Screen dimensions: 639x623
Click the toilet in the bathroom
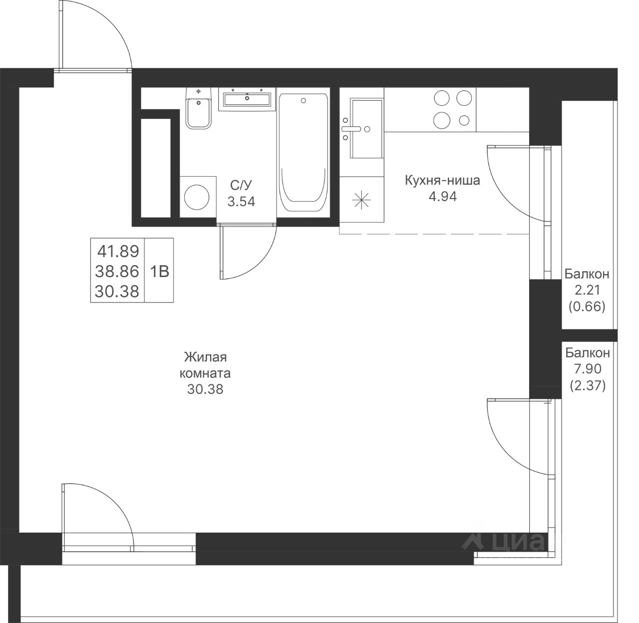coord(198,108)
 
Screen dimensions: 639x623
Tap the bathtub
coord(303,153)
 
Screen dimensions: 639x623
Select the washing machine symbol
coord(197,197)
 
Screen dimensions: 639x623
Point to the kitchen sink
coord(366,128)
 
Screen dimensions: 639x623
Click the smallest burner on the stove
coord(464,120)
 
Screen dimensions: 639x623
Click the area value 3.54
coord(241,201)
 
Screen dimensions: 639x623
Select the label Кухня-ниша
coord(442,180)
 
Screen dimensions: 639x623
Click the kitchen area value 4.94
coord(443,196)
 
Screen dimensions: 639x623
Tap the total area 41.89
coord(118,251)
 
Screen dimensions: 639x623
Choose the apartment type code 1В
coord(160,272)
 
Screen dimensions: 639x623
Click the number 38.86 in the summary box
coord(117,272)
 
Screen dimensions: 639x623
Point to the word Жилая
coord(205,357)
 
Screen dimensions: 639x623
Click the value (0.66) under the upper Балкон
coord(587,307)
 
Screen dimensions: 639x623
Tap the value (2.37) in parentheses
coord(588,385)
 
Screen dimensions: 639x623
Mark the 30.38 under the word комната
coord(205,389)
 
